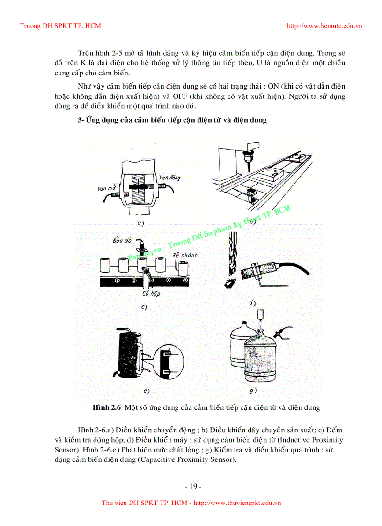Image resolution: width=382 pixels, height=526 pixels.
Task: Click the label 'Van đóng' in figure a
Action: (x=169, y=178)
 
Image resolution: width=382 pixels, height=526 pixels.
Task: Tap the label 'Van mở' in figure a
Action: (x=107, y=189)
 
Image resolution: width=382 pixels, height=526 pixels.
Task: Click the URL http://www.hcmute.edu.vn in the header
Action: (x=324, y=26)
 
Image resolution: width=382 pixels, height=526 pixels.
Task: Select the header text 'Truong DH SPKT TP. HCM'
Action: (x=60, y=26)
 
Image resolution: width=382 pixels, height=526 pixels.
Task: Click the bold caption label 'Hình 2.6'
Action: (x=107, y=407)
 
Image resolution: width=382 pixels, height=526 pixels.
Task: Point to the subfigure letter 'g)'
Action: (x=253, y=390)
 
